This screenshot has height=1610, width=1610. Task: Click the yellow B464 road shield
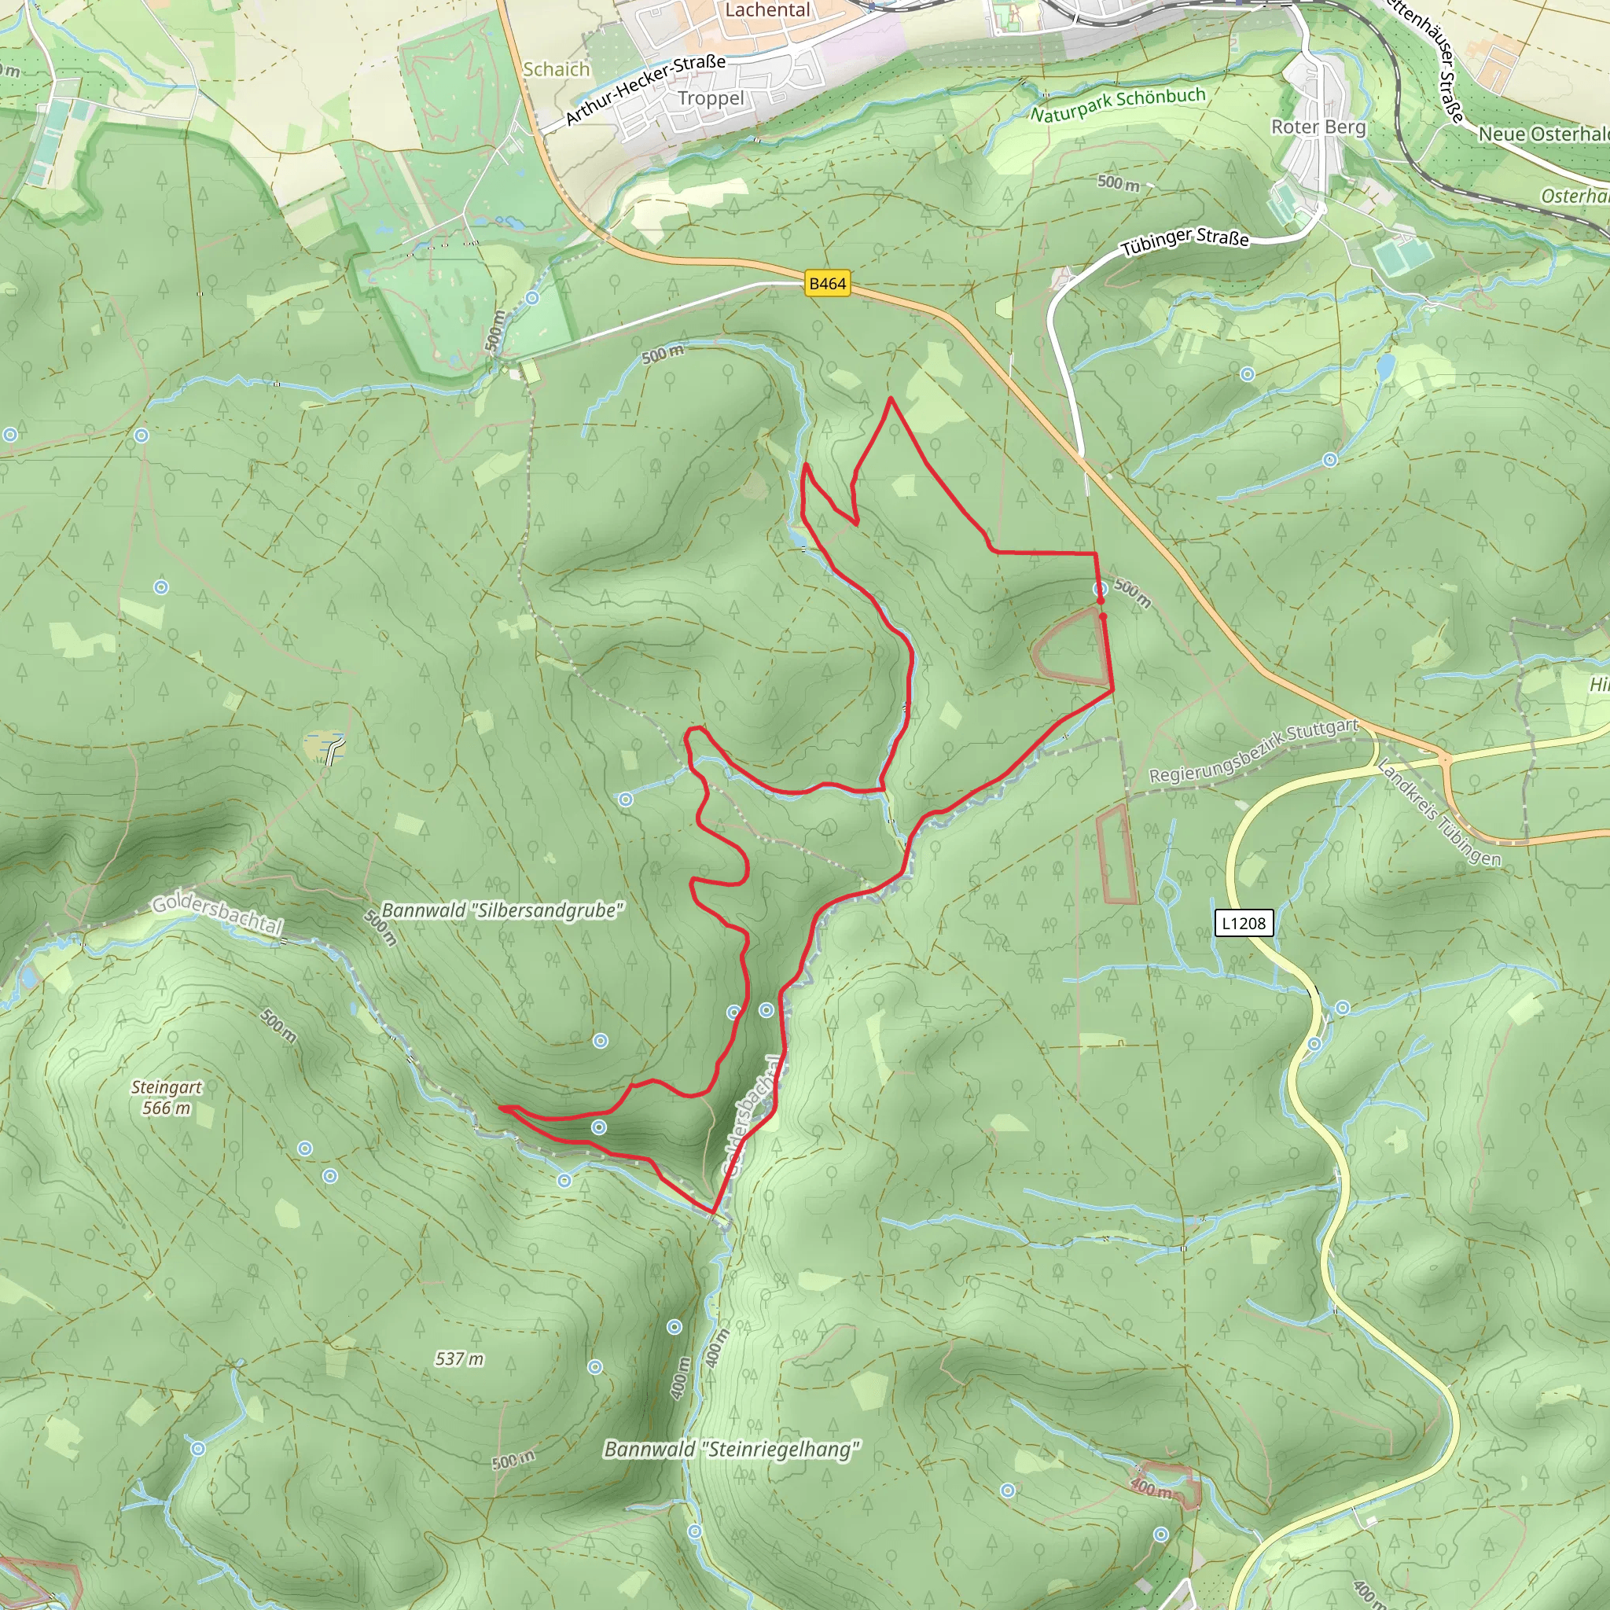click(x=827, y=284)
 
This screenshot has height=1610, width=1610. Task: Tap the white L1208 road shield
click(x=1244, y=924)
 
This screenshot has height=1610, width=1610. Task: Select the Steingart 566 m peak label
click(x=166, y=1097)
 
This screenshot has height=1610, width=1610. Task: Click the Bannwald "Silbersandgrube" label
click(x=502, y=911)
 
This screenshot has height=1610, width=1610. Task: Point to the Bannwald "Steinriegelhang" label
click(x=732, y=1449)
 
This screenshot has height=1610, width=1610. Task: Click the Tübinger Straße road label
click(x=1184, y=241)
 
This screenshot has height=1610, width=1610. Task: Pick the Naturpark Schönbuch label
click(x=1118, y=105)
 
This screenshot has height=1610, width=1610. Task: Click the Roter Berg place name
click(x=1318, y=127)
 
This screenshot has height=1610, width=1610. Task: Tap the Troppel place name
click(x=710, y=98)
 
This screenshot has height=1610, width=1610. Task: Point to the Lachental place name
click(x=766, y=10)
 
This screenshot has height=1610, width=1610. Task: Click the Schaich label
click(x=556, y=70)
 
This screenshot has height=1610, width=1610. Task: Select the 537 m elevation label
click(x=459, y=1359)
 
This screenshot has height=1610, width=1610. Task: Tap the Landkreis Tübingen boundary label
click(x=1439, y=814)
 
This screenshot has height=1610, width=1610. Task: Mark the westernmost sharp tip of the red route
click(x=500, y=1108)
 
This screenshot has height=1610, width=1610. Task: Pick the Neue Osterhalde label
click(x=1542, y=134)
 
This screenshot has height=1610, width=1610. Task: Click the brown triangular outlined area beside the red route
click(x=1073, y=649)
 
